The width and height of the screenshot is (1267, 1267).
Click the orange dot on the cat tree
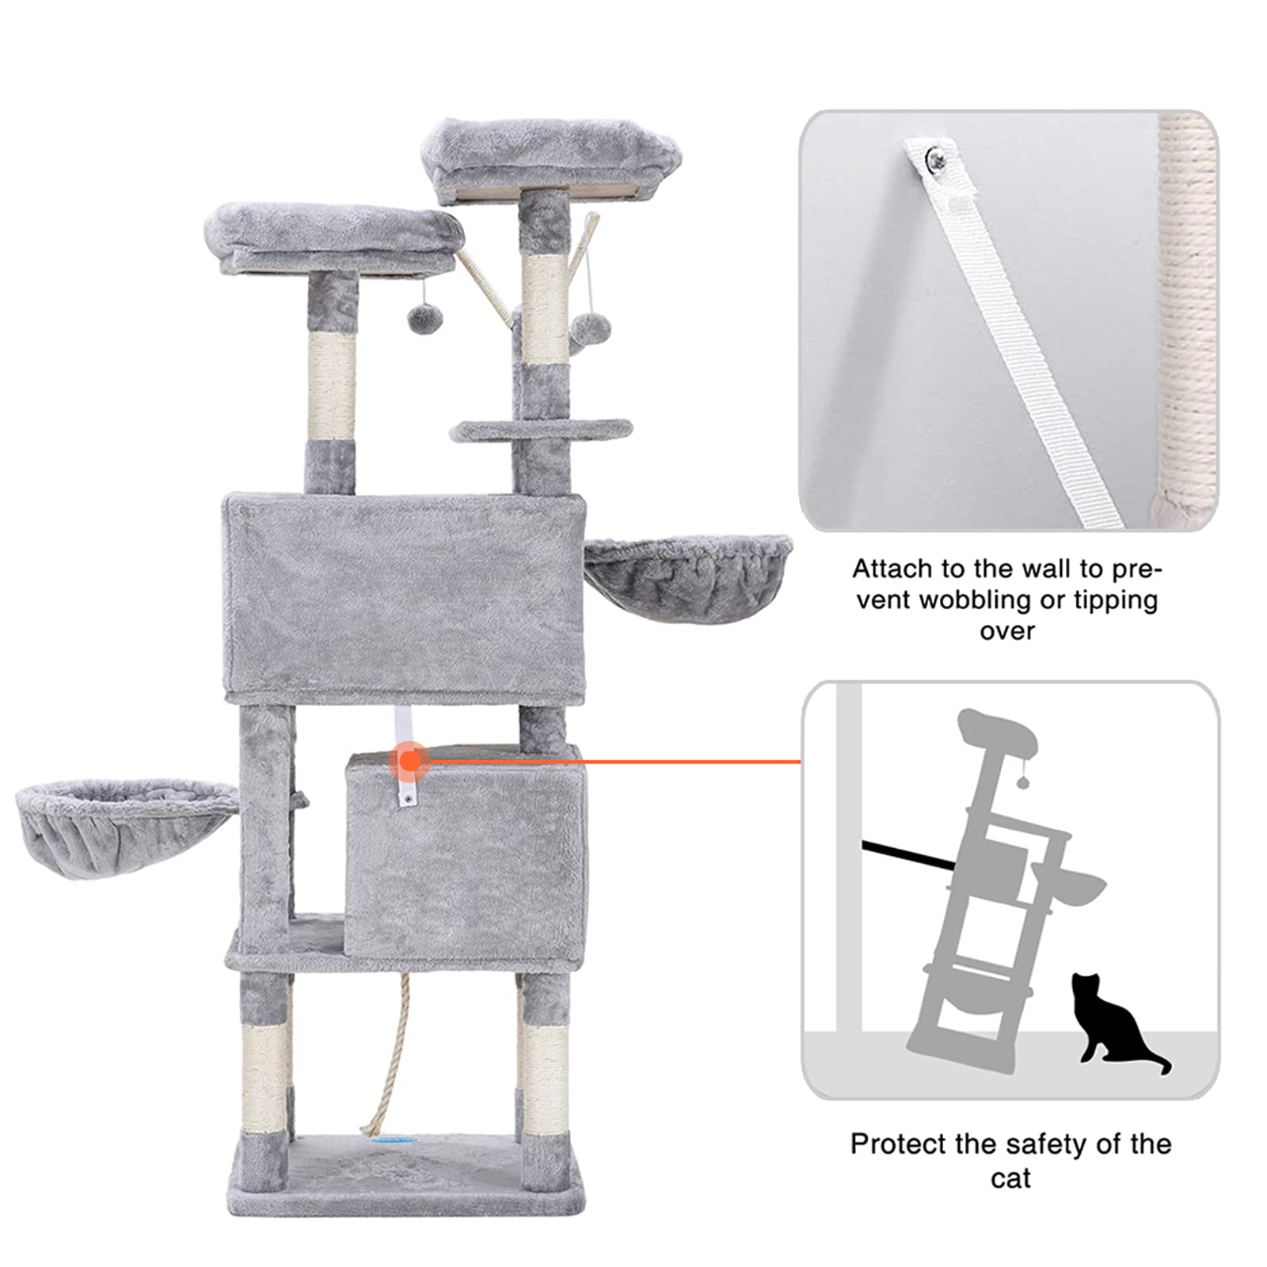tap(409, 761)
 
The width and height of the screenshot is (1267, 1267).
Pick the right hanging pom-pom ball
tap(588, 325)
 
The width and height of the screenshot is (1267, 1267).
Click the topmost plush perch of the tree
tap(552, 158)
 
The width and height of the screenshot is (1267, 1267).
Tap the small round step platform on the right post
tap(542, 430)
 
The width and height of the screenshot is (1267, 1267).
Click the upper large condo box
tap(405, 598)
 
